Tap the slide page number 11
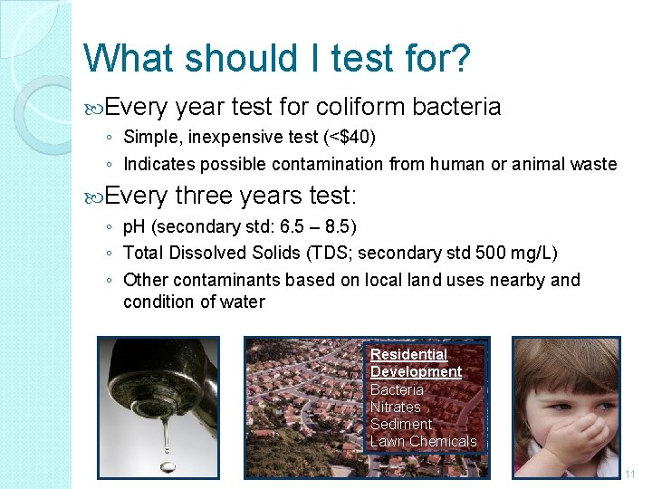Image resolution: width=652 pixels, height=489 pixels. [630, 474]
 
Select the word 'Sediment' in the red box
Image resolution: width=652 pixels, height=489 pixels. [400, 424]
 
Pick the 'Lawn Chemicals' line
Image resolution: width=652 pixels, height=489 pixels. [423, 441]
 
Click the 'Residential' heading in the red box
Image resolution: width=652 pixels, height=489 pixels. [408, 354]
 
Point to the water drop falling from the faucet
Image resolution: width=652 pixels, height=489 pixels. [166, 465]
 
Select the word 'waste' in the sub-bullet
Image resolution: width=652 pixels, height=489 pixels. [596, 165]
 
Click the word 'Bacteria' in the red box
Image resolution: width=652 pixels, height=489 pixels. [397, 389]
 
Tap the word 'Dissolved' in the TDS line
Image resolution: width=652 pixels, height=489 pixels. [201, 253]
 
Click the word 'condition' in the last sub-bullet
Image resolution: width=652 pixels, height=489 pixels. [157, 302]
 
